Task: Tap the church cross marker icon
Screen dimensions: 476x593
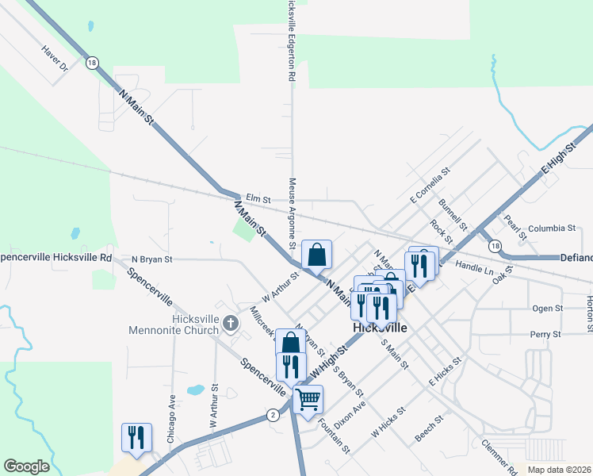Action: pyautogui.click(x=231, y=323)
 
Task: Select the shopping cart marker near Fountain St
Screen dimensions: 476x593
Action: pyautogui.click(x=308, y=400)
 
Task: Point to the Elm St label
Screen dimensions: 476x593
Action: pyautogui.click(x=258, y=198)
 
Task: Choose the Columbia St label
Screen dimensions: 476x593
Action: pyautogui.click(x=552, y=228)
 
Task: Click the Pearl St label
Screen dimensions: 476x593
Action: pyautogui.click(x=517, y=225)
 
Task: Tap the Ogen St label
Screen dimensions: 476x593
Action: pyautogui.click(x=547, y=308)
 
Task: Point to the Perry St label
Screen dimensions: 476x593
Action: pyautogui.click(x=545, y=334)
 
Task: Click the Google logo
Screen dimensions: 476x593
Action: pyautogui.click(x=26, y=466)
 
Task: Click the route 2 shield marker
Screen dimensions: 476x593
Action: pyautogui.click(x=273, y=414)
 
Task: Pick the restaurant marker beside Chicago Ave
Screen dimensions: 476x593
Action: pyautogui.click(x=136, y=438)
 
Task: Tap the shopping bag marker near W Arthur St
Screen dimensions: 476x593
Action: pyautogui.click(x=316, y=255)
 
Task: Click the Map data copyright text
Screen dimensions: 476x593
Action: pyautogui.click(x=560, y=470)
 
